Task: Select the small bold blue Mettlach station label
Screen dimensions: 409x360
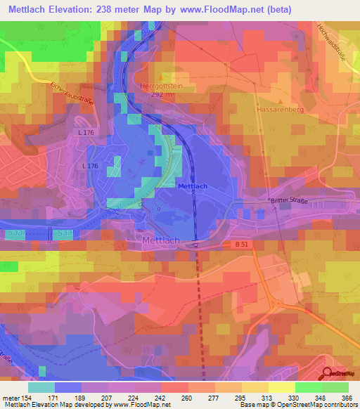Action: click(x=193, y=186)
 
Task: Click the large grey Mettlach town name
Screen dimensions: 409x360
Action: click(x=161, y=240)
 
